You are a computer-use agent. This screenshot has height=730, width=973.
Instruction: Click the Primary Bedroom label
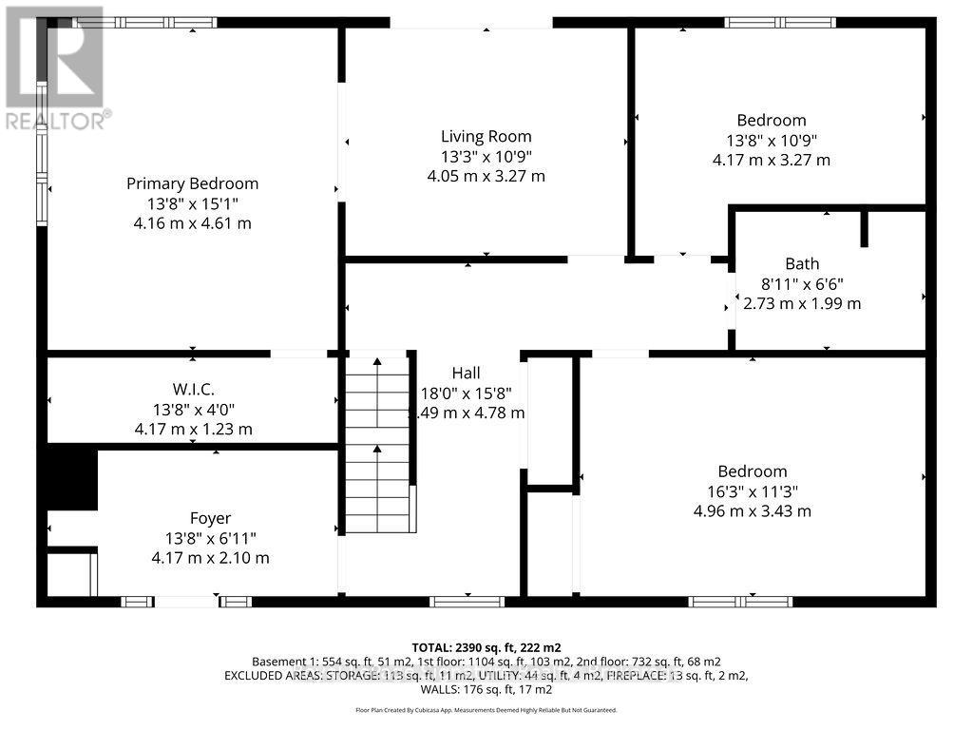192,183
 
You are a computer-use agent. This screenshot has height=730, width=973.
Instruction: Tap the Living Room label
486,136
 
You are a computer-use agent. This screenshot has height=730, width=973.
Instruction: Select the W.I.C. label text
193,389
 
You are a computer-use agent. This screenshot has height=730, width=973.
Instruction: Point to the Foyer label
210,518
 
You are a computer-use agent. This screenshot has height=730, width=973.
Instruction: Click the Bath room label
801,263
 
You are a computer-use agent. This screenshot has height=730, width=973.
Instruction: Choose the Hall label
466,373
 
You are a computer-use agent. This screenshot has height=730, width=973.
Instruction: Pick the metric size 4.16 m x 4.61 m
192,223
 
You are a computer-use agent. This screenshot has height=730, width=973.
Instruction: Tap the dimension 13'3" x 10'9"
486,156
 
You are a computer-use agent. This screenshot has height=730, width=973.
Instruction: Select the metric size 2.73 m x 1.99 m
801,303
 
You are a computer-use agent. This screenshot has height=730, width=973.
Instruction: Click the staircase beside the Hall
378,442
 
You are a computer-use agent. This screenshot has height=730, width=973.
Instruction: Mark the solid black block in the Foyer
71,479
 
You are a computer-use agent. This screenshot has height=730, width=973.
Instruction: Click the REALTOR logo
55,67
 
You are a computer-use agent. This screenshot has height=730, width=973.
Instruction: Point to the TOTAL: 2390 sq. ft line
486,646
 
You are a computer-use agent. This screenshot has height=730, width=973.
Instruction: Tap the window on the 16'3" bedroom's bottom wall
740,601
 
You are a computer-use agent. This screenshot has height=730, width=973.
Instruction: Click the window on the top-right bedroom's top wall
780,22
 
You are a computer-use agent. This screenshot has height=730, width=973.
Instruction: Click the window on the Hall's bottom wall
467,601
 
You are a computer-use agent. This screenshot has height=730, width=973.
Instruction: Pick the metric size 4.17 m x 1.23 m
193,429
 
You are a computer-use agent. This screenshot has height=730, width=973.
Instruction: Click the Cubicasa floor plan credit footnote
486,709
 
